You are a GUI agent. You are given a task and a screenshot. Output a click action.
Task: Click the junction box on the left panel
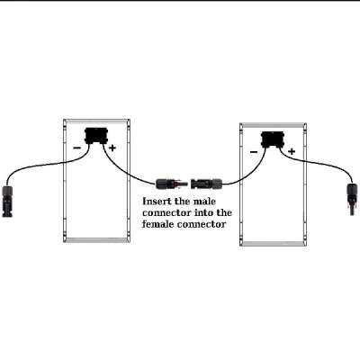(x=96, y=136)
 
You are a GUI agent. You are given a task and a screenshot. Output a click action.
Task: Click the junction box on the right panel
(x=273, y=139)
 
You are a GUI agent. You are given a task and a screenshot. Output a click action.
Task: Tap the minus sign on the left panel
(x=77, y=148)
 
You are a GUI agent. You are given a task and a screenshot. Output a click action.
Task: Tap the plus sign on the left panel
(x=112, y=148)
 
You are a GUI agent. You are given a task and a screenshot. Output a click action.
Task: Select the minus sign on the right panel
(x=254, y=152)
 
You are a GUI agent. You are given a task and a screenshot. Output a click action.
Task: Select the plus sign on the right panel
(x=292, y=151)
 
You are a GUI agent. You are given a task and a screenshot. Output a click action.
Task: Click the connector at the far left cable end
(x=7, y=201)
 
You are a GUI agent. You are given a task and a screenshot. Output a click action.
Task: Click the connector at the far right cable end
(x=352, y=199)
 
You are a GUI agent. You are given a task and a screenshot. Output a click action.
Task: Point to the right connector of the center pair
(x=206, y=184)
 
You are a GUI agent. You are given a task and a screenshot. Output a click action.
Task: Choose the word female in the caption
(x=157, y=224)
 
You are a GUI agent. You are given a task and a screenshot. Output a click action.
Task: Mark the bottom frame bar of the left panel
(x=96, y=240)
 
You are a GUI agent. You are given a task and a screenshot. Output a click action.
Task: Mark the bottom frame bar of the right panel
(x=273, y=244)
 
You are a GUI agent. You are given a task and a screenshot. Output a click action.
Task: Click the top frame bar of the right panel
(x=273, y=125)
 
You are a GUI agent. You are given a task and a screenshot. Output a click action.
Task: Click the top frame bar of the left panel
(x=96, y=121)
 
